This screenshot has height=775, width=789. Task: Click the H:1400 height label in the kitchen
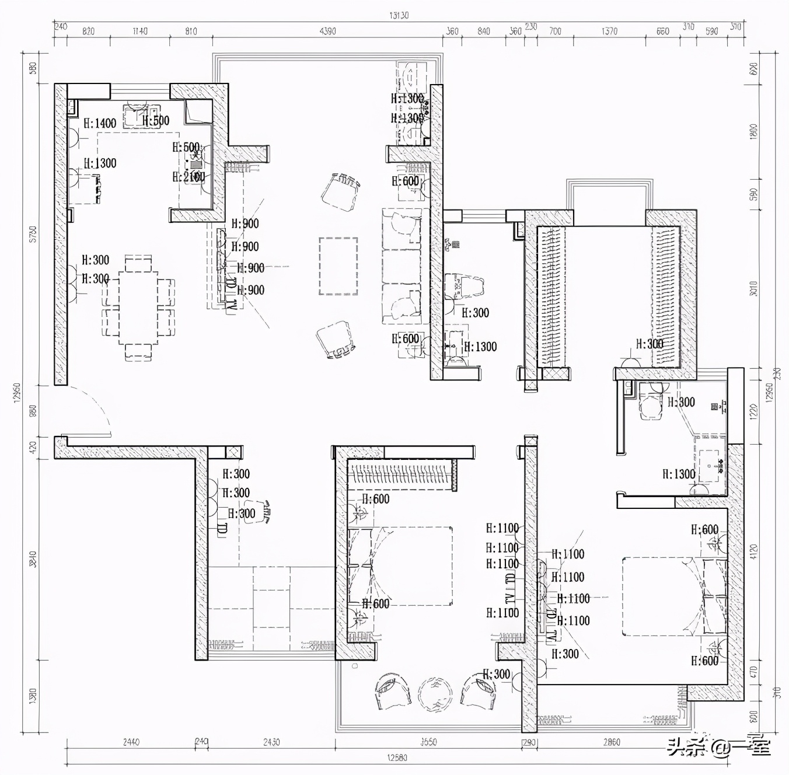(x=100, y=123)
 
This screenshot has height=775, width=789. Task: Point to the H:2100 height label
(x=188, y=177)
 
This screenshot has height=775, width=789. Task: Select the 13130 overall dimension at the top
(x=399, y=16)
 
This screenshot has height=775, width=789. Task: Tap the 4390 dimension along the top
(x=327, y=32)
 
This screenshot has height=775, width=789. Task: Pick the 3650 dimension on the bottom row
(x=428, y=742)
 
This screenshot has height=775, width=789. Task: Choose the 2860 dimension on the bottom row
(x=611, y=742)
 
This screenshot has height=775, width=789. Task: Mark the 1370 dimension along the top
(x=609, y=32)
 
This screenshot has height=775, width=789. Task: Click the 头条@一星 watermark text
(x=719, y=747)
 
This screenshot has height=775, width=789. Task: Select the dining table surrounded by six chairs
(x=138, y=308)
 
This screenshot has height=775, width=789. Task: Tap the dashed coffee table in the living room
(x=338, y=266)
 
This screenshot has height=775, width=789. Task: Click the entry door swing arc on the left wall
(x=93, y=409)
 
